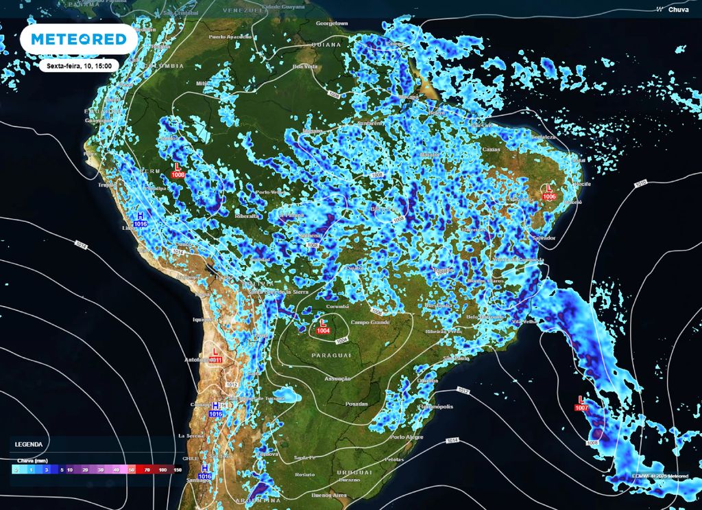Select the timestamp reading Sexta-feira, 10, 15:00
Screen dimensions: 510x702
pyautogui.click(x=80, y=65)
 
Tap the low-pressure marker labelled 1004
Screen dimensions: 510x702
pyautogui.click(x=323, y=326)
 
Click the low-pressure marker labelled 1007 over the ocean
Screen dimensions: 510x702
pyautogui.click(x=582, y=403)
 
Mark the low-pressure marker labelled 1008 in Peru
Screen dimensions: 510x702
pyautogui.click(x=178, y=170)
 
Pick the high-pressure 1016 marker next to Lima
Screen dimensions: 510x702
pyautogui.click(x=141, y=219)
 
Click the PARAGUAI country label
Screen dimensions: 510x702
pyautogui.click(x=331, y=355)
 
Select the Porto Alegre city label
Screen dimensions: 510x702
pyautogui.click(x=407, y=437)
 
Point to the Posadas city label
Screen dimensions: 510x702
pyautogui.click(x=357, y=404)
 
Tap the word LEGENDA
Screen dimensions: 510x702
pyautogui.click(x=29, y=445)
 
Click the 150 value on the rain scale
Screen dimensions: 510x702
pyautogui.click(x=178, y=470)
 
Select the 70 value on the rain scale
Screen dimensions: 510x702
pyautogui.click(x=147, y=470)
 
